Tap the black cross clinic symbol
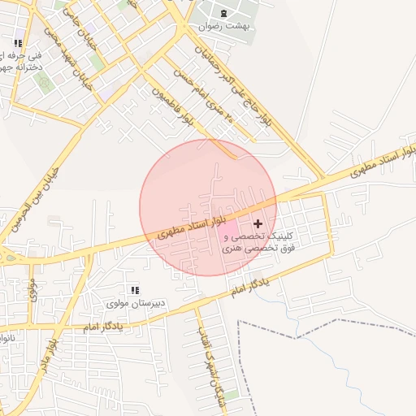tap(258, 223)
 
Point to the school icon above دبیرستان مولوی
tap(135, 289)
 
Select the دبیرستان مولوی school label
tap(136, 303)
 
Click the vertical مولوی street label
tap(32, 289)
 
